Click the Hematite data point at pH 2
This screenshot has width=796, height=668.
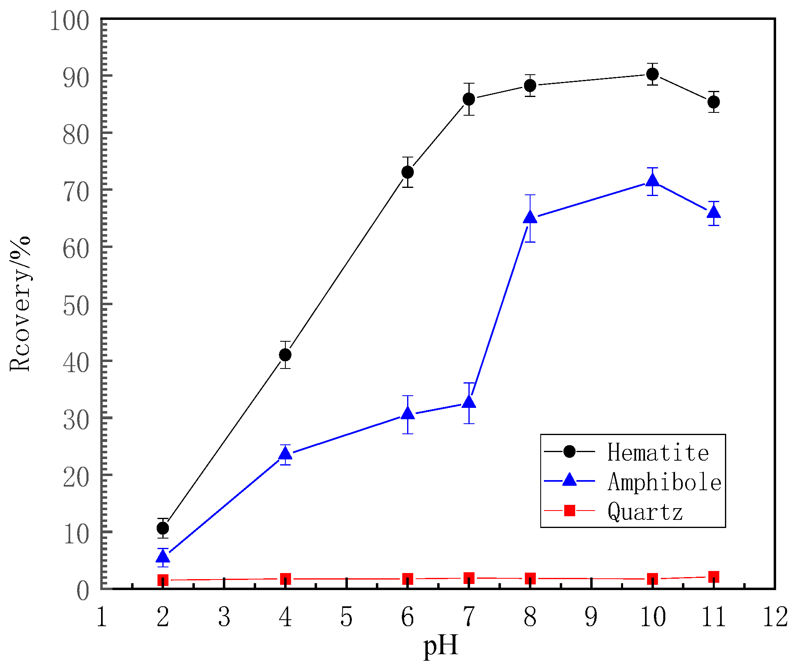point(163,528)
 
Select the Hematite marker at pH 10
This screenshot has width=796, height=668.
point(652,74)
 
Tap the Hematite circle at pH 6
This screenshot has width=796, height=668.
point(408,172)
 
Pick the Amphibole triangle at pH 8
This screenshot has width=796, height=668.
point(530,218)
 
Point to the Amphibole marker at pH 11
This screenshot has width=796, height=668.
point(714,212)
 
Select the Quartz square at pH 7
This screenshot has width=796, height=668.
point(469,578)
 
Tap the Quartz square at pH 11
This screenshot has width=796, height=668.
point(714,577)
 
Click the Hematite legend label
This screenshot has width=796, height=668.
point(658,452)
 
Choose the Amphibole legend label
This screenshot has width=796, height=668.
point(664,482)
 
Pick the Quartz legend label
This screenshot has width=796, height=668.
point(645,511)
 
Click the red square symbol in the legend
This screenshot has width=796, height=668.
point(570,511)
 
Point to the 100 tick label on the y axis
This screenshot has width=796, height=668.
point(69,21)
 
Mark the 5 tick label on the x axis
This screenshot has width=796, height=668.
point(346,617)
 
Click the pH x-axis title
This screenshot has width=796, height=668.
point(440,645)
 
